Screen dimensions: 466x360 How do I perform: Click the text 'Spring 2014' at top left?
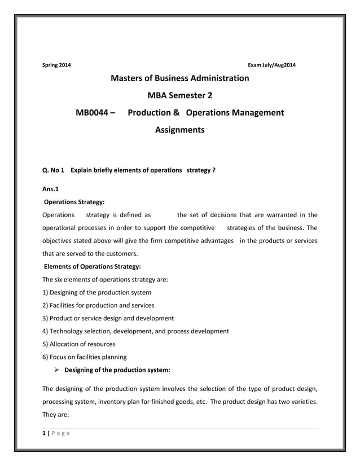(57, 65)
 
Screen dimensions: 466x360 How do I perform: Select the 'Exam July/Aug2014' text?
(272, 65)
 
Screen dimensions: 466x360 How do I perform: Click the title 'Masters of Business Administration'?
(179, 78)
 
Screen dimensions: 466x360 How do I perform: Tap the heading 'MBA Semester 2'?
(179, 95)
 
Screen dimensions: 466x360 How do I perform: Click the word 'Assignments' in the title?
(179, 130)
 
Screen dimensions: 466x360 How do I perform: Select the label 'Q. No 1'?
(54, 170)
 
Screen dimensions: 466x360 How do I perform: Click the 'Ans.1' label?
(51, 189)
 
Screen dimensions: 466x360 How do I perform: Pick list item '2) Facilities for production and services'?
(98, 305)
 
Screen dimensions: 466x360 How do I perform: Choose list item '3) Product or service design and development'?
(108, 318)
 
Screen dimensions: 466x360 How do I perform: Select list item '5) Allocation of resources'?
(79, 344)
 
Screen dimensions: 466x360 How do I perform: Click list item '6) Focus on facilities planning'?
(85, 357)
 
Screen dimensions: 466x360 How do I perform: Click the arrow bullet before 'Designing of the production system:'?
(57, 370)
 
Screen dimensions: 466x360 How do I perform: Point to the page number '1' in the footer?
(44, 433)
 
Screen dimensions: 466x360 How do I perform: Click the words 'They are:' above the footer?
(55, 415)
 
